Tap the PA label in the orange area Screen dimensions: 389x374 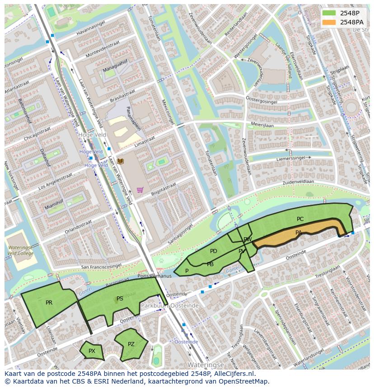pos(299,233)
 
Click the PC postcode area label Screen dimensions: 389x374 pos(300,219)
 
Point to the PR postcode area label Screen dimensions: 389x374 pos(49,303)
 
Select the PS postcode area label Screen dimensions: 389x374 pos(120,299)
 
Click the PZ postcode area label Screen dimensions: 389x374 pos(131,344)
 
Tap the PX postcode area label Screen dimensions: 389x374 pos(92,351)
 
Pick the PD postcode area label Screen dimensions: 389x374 pos(214,251)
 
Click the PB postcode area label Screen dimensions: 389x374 pos(210,264)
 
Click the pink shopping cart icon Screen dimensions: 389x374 pos(140,190)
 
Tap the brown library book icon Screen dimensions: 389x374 pos(120,161)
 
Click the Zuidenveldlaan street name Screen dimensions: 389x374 pos(298,182)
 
